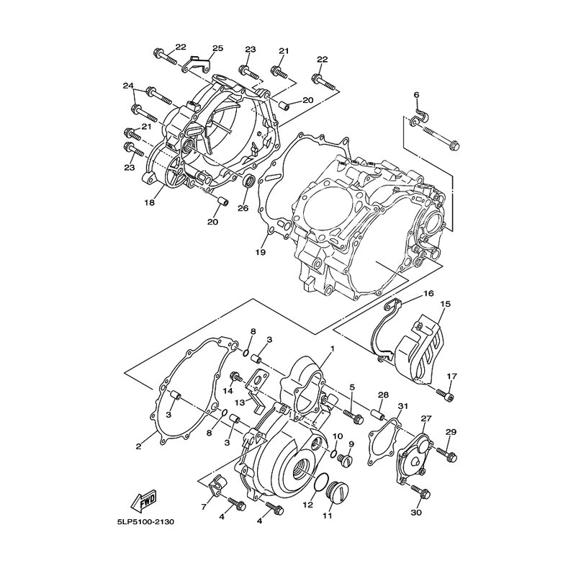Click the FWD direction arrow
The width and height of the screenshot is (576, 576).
(143, 500)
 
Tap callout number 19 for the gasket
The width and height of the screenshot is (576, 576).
(261, 253)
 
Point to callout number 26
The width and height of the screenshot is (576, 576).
(243, 208)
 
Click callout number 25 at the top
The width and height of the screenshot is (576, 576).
(218, 48)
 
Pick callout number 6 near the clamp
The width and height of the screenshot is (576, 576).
(416, 95)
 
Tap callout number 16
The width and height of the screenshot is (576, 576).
(428, 293)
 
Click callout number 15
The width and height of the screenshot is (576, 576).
(446, 304)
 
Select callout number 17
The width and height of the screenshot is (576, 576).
(451, 376)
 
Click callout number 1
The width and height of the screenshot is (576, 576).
(333, 348)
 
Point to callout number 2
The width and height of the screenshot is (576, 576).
(138, 446)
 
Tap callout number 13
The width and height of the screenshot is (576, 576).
(240, 403)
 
